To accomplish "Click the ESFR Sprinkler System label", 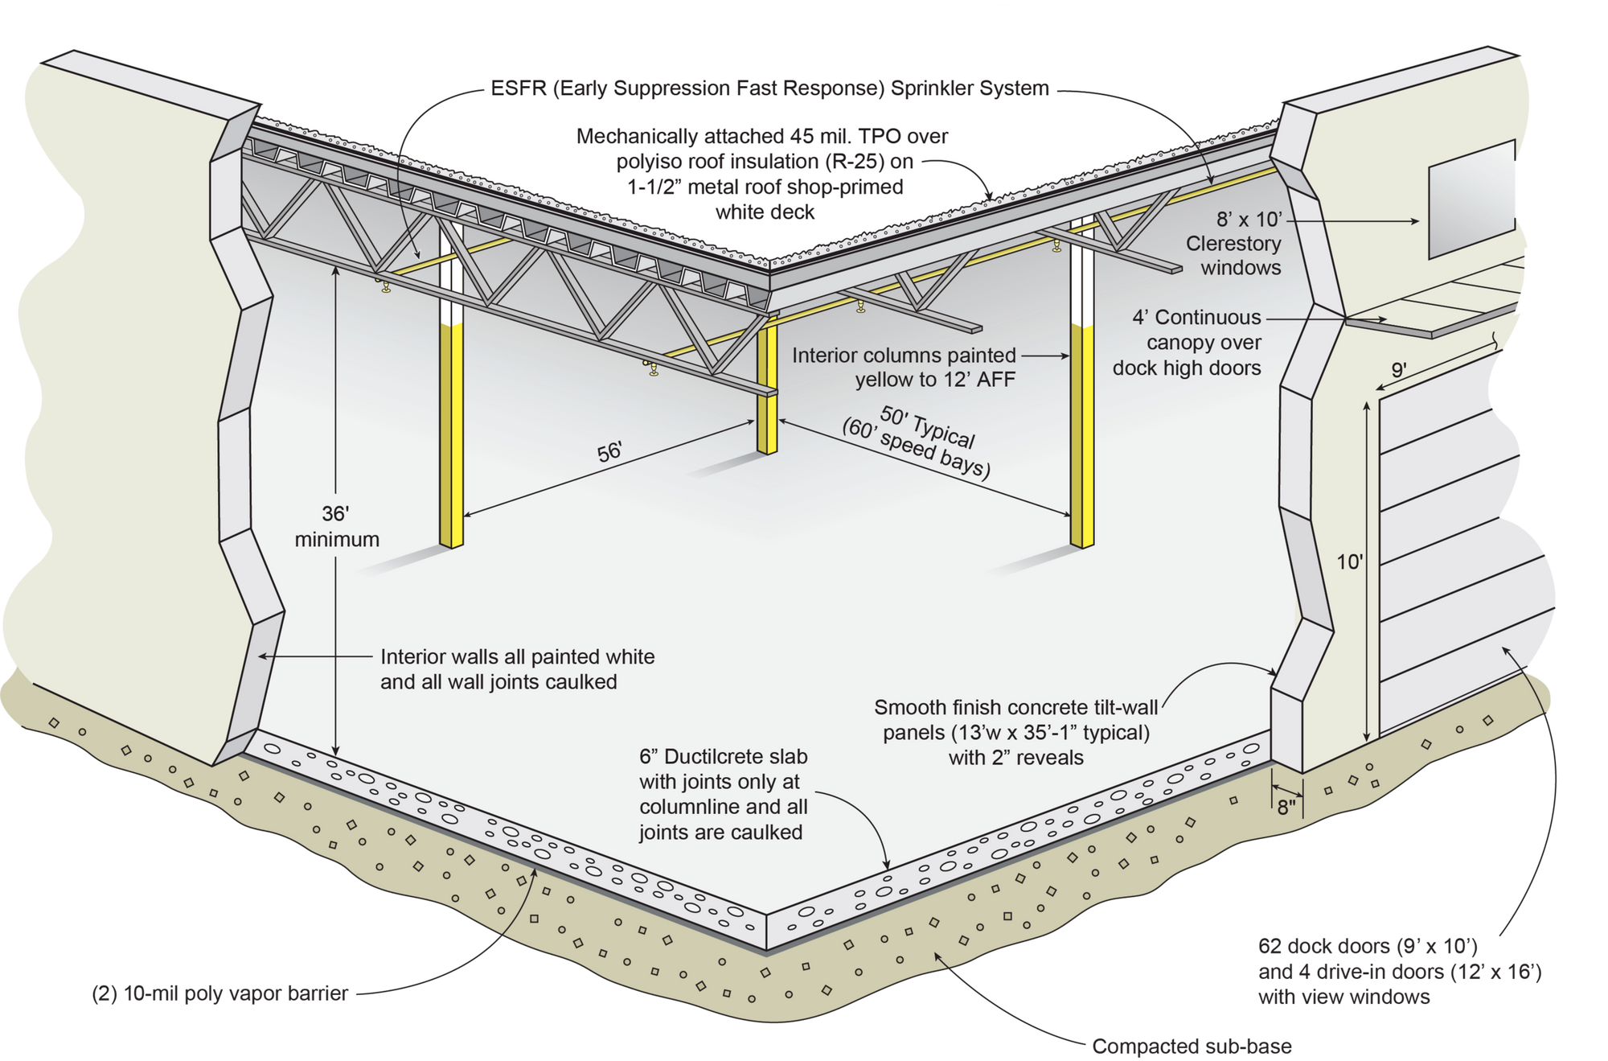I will [769, 88].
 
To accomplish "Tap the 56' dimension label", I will [609, 452].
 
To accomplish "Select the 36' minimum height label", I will [336, 527].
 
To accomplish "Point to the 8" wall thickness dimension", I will [1286, 806].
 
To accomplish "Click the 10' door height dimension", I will [1350, 561].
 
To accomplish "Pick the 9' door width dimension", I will [1399, 369].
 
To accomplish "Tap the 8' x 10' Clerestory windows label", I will [1233, 243].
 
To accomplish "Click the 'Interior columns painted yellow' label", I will [904, 367].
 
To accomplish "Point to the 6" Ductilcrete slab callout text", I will [723, 794].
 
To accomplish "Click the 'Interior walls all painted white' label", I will [517, 669].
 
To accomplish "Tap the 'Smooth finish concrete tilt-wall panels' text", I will [1016, 732].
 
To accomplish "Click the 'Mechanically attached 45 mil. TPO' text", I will [762, 174].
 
